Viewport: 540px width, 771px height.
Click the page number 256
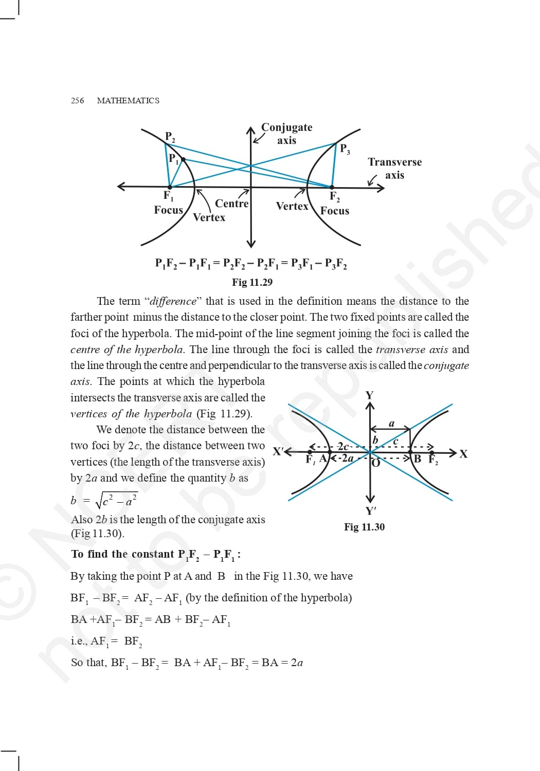coord(77,101)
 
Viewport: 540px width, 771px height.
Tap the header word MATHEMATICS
coord(128,101)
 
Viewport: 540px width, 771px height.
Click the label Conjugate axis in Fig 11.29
coord(286,134)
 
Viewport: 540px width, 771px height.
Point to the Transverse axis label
coord(394,169)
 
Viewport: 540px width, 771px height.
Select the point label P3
coord(345,149)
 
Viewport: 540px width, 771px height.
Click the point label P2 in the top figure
coord(170,137)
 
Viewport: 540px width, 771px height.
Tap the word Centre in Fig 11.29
coord(231,204)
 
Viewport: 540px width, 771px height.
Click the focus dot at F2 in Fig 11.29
coord(332,187)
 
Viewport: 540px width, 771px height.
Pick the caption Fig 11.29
coord(252,282)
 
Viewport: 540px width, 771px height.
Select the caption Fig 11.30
coord(364,527)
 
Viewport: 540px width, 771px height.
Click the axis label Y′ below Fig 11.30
coord(370,511)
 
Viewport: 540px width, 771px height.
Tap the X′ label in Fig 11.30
coord(278,452)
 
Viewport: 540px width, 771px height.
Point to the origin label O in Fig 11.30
coord(376,463)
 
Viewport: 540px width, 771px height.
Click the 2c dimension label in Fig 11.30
coord(344,446)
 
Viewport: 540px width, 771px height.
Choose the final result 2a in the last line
coord(297,663)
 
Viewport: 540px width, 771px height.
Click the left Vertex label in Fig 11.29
coord(209,217)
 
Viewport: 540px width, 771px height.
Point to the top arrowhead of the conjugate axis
coord(251,130)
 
